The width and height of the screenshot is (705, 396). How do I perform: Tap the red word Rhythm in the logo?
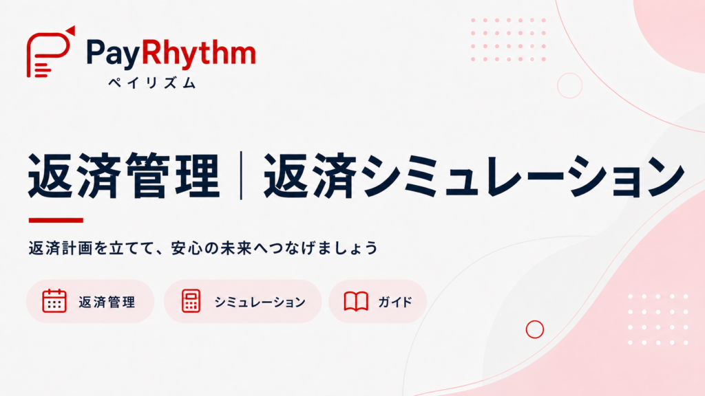[198, 53]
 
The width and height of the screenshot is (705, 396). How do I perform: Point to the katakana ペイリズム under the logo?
[152, 82]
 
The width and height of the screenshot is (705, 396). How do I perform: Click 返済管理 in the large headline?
[124, 175]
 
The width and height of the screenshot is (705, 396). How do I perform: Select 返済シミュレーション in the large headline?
[474, 175]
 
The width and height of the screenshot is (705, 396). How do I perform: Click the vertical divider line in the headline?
[242, 175]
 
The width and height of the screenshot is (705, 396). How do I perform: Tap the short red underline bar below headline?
[56, 220]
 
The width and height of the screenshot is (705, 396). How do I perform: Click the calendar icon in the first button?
[54, 300]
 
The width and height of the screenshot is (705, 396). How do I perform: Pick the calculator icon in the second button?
[191, 300]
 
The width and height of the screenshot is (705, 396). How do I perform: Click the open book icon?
[356, 301]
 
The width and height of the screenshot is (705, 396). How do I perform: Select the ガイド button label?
[395, 302]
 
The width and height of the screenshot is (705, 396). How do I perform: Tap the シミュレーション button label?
[260, 302]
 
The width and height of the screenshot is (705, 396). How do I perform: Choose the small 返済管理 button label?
[107, 302]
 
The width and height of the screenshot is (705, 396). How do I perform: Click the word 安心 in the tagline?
[186, 247]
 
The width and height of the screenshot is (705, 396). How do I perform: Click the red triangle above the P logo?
[71, 30]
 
